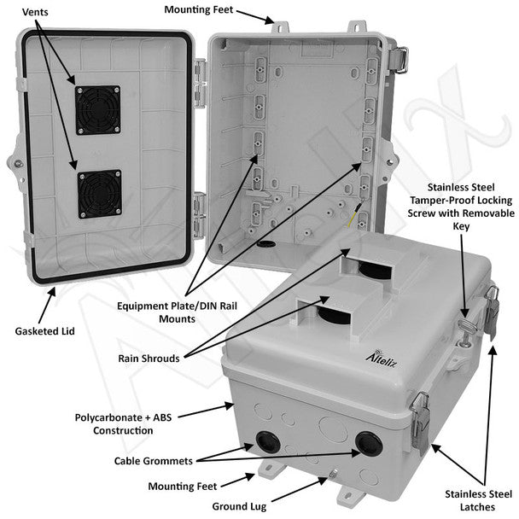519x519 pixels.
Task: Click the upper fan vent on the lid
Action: [96, 109]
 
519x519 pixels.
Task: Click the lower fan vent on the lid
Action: [96, 194]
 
